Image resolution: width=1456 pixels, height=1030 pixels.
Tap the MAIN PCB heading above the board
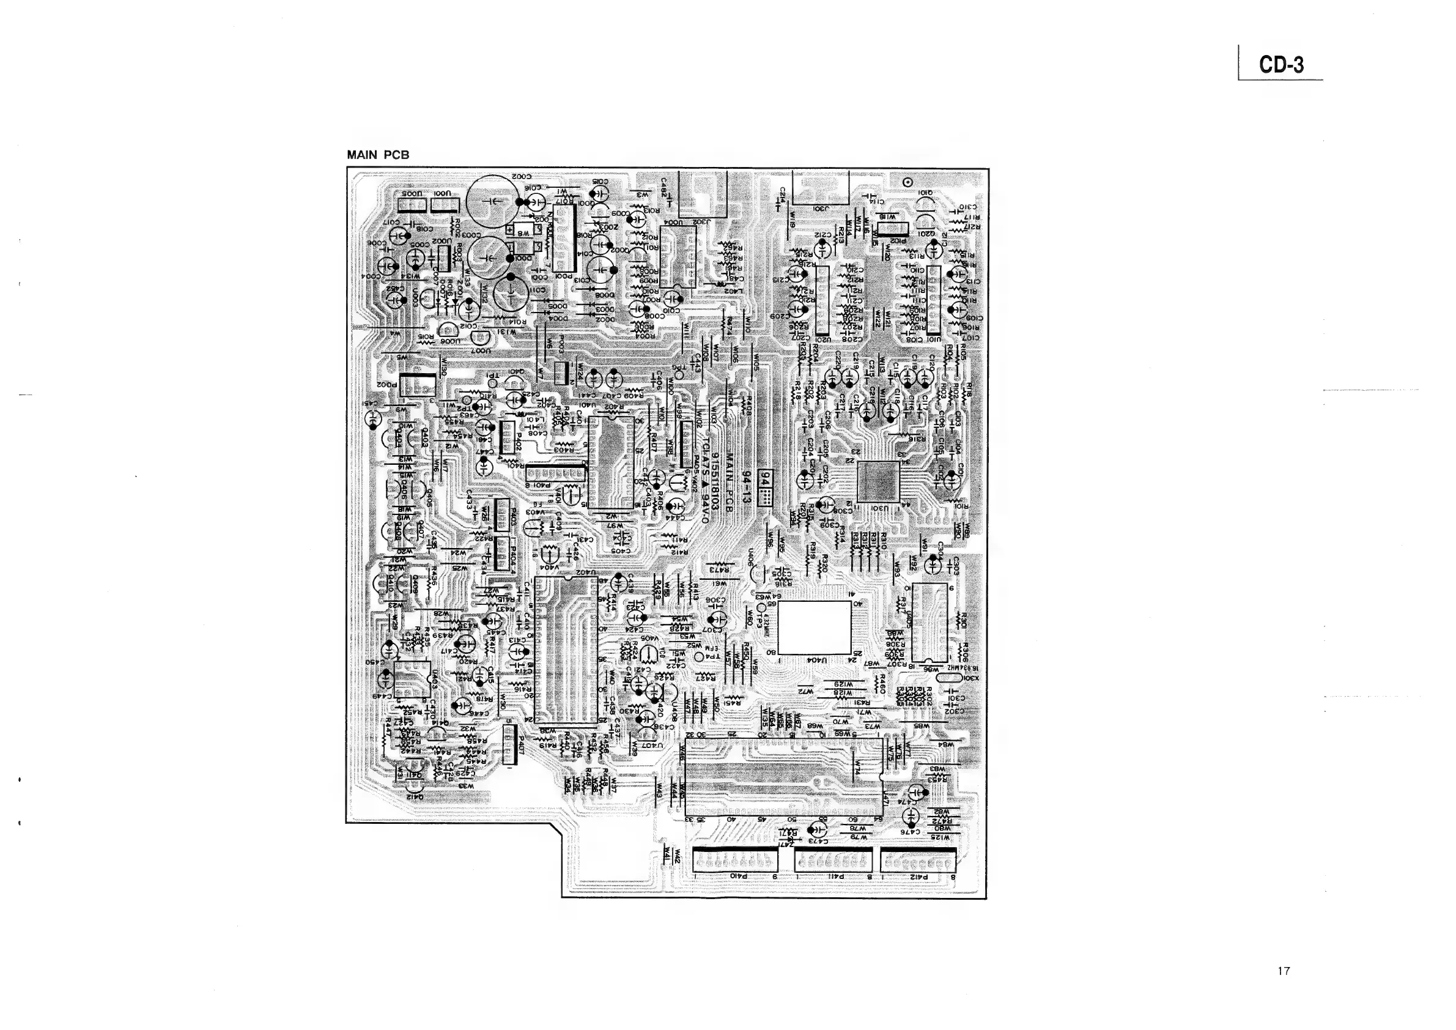[x=378, y=155]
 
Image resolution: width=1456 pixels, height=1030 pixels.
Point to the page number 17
[x=1284, y=971]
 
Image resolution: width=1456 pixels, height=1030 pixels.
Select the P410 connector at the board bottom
[x=736, y=862]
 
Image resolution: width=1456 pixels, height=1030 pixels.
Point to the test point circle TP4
[x=699, y=657]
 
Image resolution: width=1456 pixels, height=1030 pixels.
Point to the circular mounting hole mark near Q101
[x=907, y=182]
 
